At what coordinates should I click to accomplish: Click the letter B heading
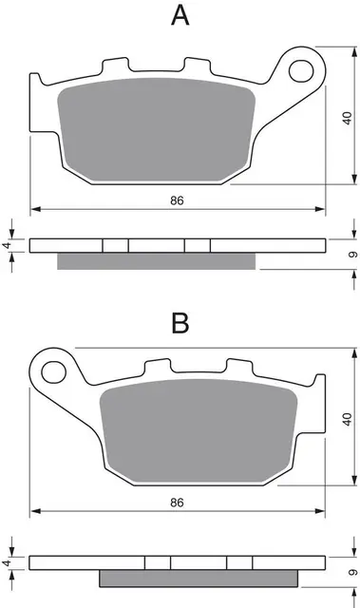[180, 323]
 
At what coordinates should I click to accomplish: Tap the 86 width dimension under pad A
[177, 199]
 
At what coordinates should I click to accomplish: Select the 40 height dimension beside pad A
[349, 118]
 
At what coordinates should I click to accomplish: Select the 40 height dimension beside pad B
[349, 419]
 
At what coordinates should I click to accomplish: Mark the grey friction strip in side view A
[157, 261]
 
